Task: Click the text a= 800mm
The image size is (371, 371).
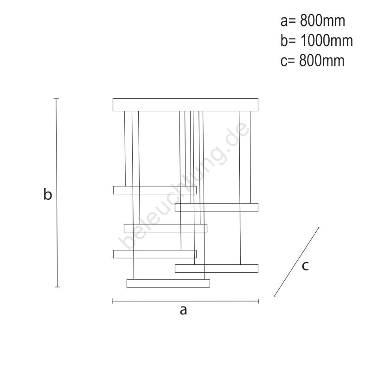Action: (x=313, y=21)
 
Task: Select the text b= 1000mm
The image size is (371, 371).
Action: (x=317, y=41)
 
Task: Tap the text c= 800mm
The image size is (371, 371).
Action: (x=313, y=61)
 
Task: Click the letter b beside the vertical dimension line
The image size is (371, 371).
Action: (x=47, y=195)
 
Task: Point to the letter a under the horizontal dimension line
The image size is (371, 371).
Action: (x=183, y=310)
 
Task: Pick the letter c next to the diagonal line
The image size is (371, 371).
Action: (x=305, y=266)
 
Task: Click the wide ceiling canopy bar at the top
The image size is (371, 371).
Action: (x=185, y=104)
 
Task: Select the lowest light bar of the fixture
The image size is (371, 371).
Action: (x=168, y=283)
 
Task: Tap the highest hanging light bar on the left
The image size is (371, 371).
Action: (x=154, y=190)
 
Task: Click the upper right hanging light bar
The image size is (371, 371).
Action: (x=217, y=207)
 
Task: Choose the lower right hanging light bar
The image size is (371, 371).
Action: (x=217, y=268)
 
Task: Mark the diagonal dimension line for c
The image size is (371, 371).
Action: (x=297, y=262)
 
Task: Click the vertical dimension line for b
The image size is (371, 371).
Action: (x=57, y=192)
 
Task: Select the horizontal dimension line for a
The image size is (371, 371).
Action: (x=185, y=301)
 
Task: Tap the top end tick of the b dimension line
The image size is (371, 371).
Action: (x=57, y=98)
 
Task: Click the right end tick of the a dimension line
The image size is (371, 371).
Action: (x=258, y=301)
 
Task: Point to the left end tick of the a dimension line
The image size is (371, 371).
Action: (x=113, y=301)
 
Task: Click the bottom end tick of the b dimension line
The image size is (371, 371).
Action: (x=57, y=287)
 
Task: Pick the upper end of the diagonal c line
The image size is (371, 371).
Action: (x=320, y=227)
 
